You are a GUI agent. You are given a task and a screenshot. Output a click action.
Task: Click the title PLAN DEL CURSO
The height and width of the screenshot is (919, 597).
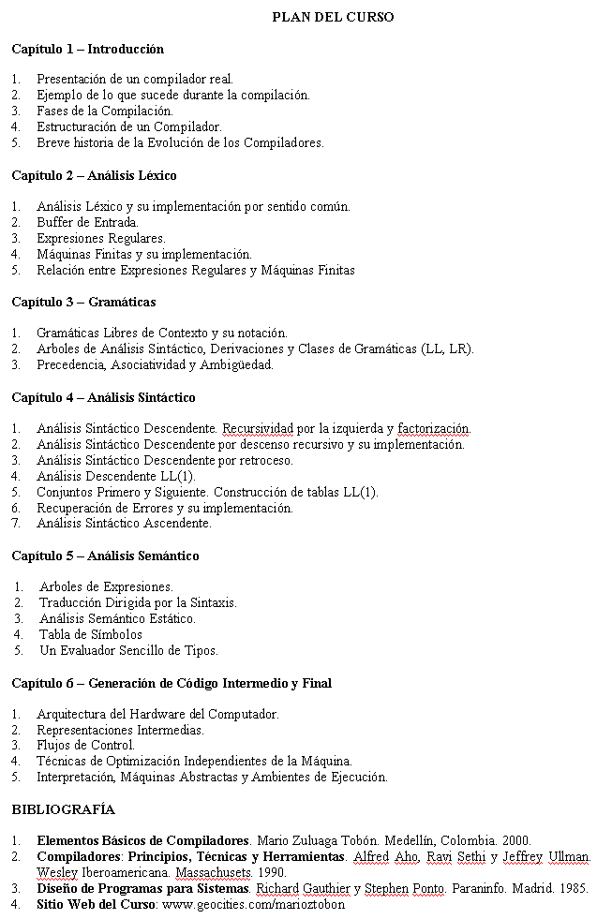[333, 17]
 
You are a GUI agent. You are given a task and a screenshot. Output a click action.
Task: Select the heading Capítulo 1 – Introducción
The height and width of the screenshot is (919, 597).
[87, 49]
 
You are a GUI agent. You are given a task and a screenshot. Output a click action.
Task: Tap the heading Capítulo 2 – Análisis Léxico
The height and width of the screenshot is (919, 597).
[94, 175]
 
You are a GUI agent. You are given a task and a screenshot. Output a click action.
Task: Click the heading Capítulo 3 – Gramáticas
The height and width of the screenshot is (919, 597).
[83, 302]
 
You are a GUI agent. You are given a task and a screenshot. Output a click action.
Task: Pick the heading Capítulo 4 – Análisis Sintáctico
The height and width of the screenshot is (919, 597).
[103, 397]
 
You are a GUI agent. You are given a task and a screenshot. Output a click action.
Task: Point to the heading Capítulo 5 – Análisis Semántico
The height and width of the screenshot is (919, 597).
[105, 556]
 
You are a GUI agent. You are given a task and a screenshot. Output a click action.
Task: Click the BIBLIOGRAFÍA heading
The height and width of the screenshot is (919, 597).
[63, 809]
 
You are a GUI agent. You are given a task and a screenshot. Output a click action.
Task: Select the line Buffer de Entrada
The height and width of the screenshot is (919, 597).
[87, 222]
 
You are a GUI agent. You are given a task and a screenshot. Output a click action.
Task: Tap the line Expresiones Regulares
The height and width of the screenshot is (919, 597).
[100, 238]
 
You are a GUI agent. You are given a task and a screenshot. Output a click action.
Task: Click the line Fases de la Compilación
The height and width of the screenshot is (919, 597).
[104, 111]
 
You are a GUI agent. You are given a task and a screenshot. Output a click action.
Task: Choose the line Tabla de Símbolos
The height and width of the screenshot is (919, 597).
[91, 634]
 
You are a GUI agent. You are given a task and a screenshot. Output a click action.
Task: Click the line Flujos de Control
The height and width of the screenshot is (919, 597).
[85, 745]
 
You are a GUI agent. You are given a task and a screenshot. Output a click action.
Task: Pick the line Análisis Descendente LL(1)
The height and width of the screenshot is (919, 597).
[115, 476]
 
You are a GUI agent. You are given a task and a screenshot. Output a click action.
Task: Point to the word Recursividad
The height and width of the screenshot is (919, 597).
[258, 429]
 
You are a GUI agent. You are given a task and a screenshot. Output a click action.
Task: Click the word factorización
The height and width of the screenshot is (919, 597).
[433, 429]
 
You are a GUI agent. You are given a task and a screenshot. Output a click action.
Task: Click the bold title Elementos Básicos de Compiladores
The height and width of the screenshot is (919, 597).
[143, 840]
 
